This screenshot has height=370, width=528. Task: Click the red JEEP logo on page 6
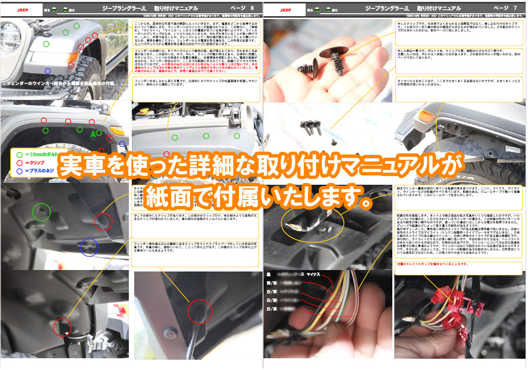(23, 9)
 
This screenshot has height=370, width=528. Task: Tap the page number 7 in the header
(515, 8)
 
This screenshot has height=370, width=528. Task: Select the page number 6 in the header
(252, 8)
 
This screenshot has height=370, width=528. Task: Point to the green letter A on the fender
(92, 134)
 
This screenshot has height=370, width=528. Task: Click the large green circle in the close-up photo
(41, 212)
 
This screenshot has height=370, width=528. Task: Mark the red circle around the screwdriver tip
(199, 312)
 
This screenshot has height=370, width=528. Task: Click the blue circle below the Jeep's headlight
(48, 71)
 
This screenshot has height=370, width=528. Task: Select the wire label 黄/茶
(271, 283)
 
